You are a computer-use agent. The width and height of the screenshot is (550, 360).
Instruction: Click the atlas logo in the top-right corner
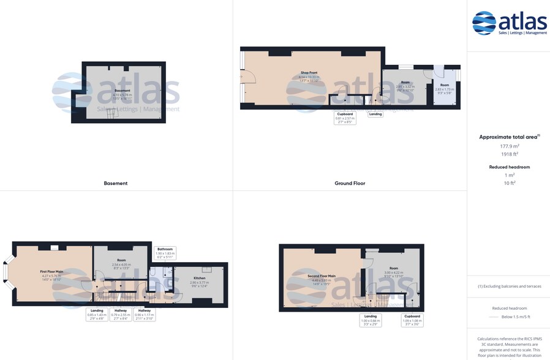[509, 23]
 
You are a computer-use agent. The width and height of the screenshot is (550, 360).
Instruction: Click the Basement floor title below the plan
[116, 183]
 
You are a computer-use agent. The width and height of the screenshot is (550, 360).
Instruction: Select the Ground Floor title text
[350, 183]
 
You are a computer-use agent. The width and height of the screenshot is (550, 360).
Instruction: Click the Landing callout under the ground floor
[375, 114]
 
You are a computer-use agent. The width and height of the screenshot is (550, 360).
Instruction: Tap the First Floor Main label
[52, 272]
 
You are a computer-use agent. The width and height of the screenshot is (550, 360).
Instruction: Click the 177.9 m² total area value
[509, 146]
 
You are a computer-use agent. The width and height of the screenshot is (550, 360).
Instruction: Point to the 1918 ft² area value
[509, 154]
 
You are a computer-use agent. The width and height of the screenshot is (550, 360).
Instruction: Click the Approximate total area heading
[509, 137]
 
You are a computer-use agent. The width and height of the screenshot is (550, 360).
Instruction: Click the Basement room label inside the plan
[122, 91]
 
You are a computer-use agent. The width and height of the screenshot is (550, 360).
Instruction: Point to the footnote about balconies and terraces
[509, 286]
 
